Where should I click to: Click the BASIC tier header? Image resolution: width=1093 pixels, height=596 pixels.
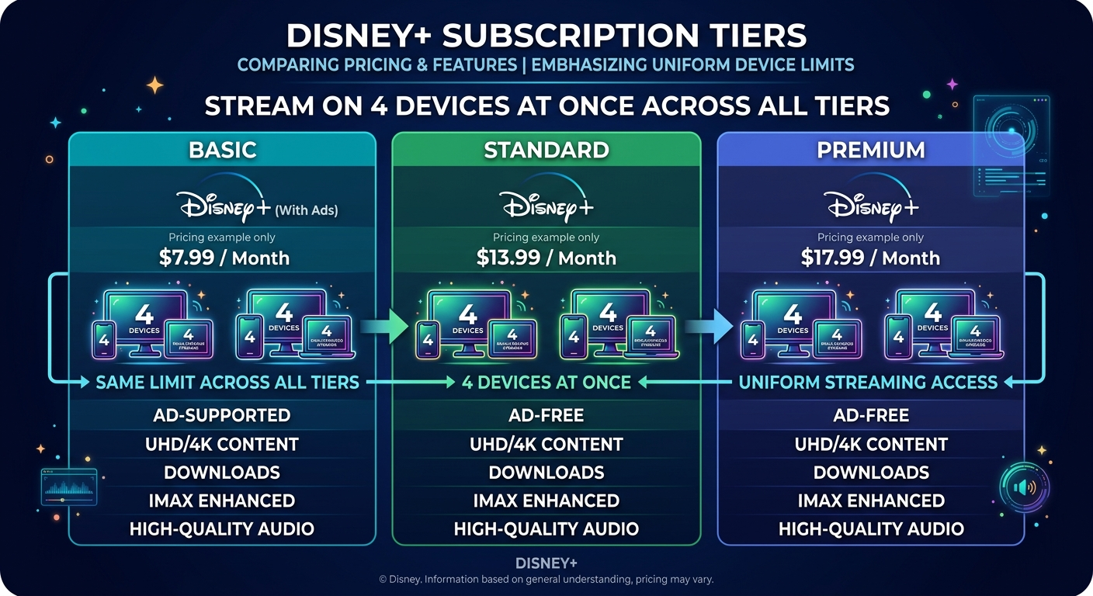click(x=222, y=149)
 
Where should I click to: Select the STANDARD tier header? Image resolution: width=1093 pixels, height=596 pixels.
click(x=546, y=149)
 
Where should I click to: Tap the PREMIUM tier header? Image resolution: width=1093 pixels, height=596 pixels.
click(x=870, y=149)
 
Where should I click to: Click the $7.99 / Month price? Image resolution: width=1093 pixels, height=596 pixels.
click(x=224, y=258)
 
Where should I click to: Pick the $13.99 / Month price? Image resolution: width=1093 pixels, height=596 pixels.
click(x=546, y=258)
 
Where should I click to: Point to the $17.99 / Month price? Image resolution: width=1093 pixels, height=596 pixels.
click(x=870, y=258)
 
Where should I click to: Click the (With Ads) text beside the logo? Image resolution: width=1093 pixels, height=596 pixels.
click(x=307, y=210)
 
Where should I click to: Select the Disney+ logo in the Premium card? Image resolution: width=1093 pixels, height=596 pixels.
click(x=871, y=206)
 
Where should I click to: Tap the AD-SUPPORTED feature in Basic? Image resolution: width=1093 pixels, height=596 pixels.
click(x=222, y=415)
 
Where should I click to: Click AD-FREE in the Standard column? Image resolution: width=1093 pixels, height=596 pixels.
click(x=546, y=415)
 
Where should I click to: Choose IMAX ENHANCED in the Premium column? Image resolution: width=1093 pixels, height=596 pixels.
click(x=871, y=501)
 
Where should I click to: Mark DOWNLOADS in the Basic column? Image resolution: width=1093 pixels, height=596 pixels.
click(x=222, y=473)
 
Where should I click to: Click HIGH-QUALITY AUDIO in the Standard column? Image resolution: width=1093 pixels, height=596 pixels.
click(x=546, y=529)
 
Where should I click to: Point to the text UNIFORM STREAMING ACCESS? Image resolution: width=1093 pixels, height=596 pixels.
click(x=868, y=382)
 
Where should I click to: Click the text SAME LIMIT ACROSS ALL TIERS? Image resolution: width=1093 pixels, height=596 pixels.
click(x=227, y=382)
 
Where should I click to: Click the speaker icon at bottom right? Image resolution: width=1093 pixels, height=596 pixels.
click(x=1024, y=487)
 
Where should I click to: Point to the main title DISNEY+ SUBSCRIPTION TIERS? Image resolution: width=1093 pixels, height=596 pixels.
click(x=546, y=36)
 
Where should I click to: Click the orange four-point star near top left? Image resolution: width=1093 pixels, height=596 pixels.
click(x=155, y=85)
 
